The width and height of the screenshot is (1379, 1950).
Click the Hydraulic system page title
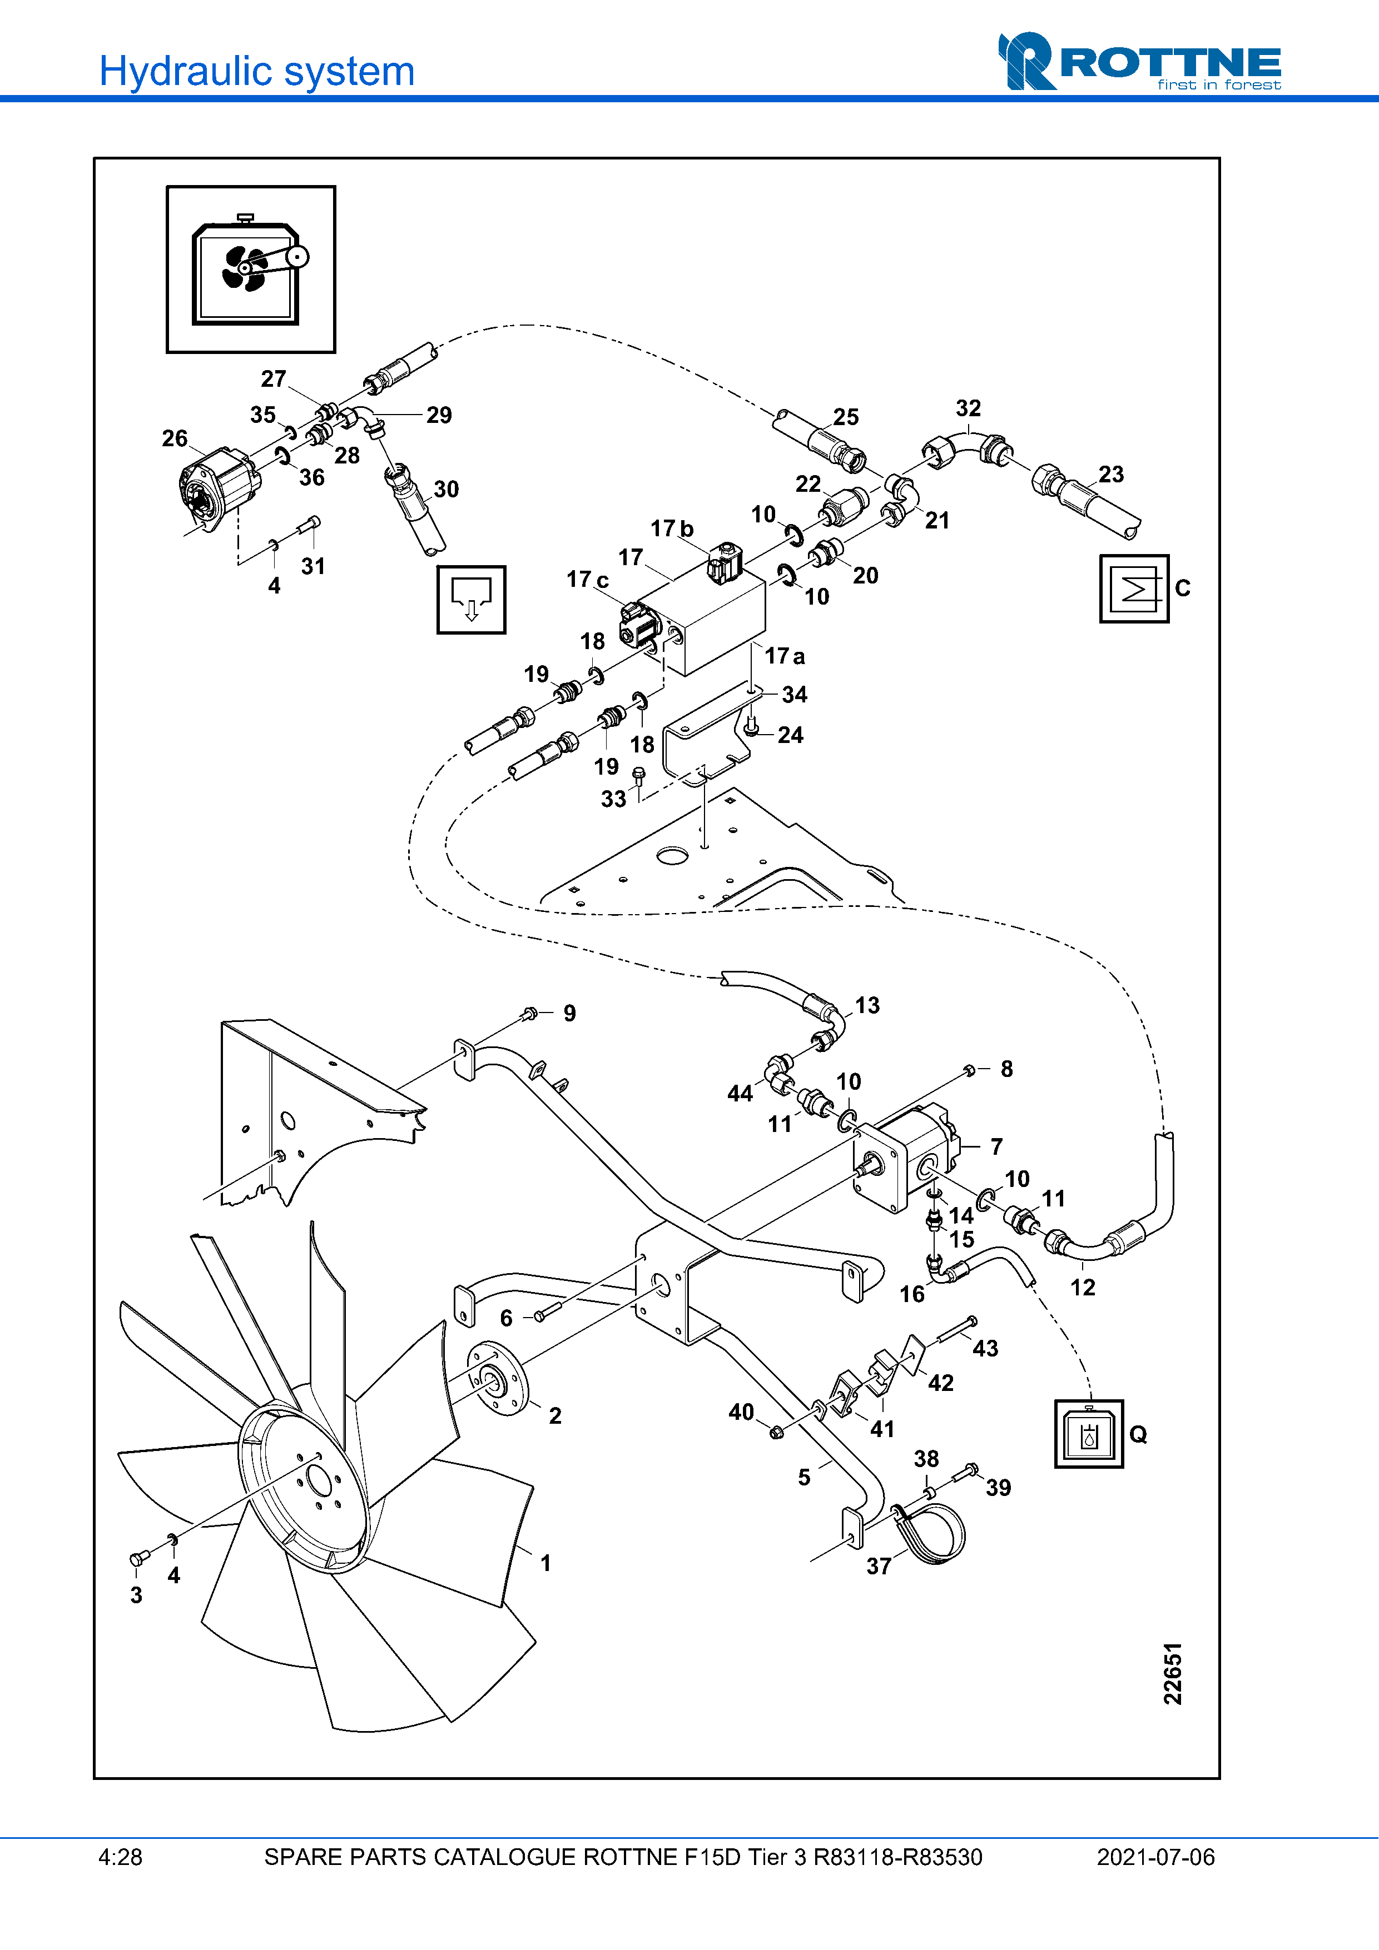(x=256, y=71)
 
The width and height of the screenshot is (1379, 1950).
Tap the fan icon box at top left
(x=251, y=268)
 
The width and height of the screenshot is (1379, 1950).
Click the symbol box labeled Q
(x=1088, y=1434)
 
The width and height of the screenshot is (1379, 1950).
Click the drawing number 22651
(x=1173, y=1673)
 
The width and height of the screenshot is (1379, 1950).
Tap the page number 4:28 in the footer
(x=120, y=1857)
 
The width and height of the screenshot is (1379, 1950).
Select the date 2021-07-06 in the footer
(x=1155, y=1857)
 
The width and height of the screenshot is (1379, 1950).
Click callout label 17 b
(x=672, y=529)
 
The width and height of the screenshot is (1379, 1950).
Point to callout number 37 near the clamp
(x=879, y=1566)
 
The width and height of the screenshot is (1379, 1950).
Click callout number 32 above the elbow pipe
(x=968, y=408)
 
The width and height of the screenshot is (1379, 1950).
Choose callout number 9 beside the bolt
(x=569, y=1013)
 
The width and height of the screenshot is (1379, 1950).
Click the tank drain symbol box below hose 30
(x=471, y=600)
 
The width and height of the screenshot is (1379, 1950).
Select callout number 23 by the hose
(x=1110, y=474)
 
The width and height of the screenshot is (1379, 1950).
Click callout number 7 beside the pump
(x=996, y=1146)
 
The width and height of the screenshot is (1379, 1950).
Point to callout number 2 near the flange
(x=555, y=1416)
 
